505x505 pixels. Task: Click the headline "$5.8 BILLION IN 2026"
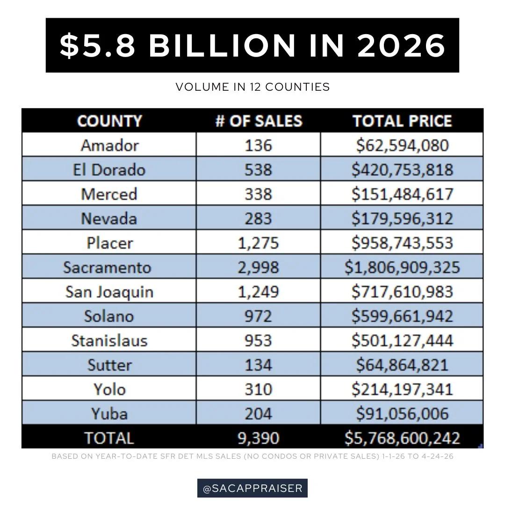(252, 45)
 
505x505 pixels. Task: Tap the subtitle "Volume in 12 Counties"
(252, 87)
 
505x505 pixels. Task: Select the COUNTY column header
(109, 121)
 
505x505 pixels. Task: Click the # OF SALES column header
(258, 121)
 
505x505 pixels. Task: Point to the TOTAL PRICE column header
(402, 121)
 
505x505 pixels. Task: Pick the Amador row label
(109, 145)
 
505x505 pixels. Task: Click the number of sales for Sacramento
(258, 267)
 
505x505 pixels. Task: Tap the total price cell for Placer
(402, 243)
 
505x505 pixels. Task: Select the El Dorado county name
(109, 170)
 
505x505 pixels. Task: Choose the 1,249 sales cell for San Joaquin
(258, 292)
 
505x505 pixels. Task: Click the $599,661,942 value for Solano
(402, 316)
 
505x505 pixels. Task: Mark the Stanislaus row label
(109, 340)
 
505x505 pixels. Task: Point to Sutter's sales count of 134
(258, 365)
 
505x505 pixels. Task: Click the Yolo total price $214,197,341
(402, 389)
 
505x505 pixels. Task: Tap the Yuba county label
(109, 413)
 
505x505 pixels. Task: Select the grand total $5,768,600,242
(402, 438)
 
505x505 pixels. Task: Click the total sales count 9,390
(258, 438)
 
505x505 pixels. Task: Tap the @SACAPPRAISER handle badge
(252, 488)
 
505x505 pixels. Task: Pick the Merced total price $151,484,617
(402, 194)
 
